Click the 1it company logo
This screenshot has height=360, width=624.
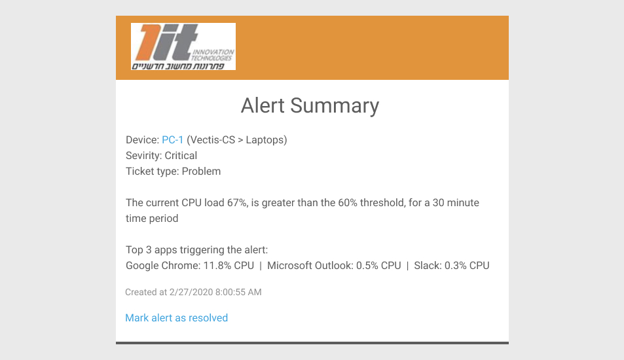[183, 46]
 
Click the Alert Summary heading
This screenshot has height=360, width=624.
[310, 106]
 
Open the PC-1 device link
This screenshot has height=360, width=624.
[173, 140]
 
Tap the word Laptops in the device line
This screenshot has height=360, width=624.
[265, 140]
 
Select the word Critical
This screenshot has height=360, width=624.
[181, 156]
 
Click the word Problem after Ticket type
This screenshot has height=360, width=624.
[202, 171]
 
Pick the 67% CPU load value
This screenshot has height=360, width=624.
[237, 203]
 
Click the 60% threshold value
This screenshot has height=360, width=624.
[348, 203]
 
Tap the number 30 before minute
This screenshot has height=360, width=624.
[438, 203]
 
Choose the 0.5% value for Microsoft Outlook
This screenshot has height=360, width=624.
[367, 266]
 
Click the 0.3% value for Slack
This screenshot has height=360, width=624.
[455, 266]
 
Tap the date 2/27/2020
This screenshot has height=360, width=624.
[191, 293]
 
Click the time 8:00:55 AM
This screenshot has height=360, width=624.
[238, 293]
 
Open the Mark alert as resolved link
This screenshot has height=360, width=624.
[177, 318]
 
